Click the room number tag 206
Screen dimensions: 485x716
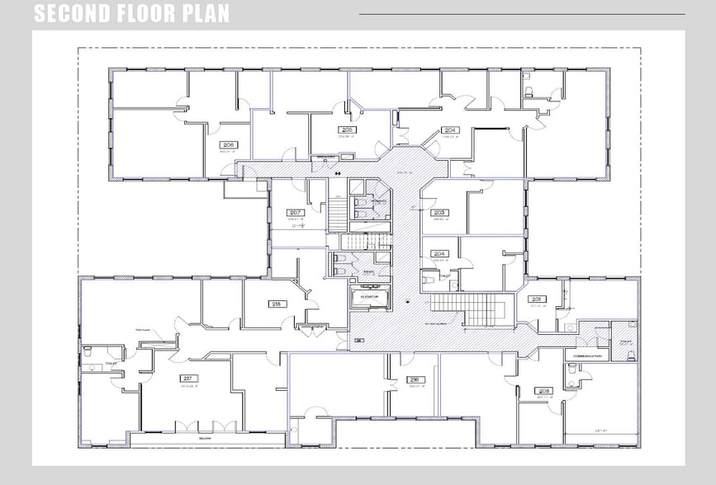pyautogui.click(x=229, y=145)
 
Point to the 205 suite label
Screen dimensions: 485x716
pyautogui.click(x=347, y=129)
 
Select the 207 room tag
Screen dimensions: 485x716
pyautogui.click(x=296, y=212)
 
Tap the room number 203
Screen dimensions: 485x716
pyautogui.click(x=439, y=212)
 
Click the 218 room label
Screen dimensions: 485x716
pyautogui.click(x=276, y=304)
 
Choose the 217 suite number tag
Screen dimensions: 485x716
pyautogui.click(x=184, y=379)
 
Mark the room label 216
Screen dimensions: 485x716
pyautogui.click(x=414, y=379)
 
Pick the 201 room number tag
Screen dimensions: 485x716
pyautogui.click(x=536, y=299)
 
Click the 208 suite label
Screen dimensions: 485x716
pyautogui.click(x=543, y=391)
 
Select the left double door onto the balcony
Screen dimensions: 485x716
pyautogui.click(x=186, y=426)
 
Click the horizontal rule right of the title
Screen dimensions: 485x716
pyautogui.click(x=521, y=14)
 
